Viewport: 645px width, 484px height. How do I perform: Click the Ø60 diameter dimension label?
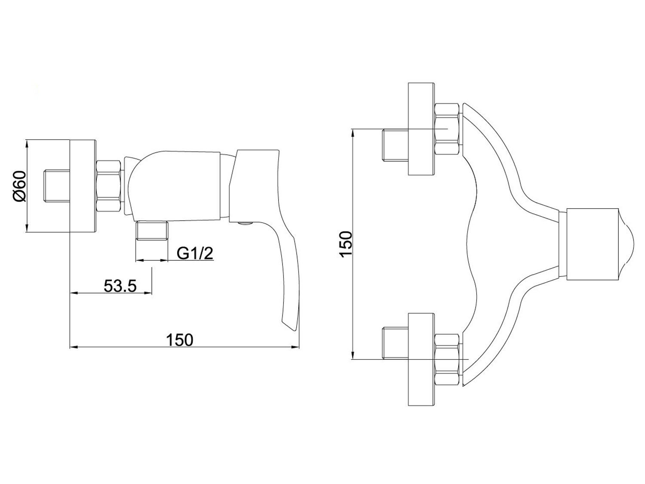pyautogui.click(x=20, y=186)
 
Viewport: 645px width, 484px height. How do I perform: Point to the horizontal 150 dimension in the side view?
pyautogui.click(x=180, y=340)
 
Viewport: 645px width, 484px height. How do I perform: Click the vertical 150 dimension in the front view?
pyautogui.click(x=346, y=244)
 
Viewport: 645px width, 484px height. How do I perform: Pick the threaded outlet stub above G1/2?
pyautogui.click(x=152, y=231)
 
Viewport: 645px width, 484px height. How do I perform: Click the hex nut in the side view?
pyautogui.click(x=109, y=186)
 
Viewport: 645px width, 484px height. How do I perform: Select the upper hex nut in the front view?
pyautogui.click(x=446, y=129)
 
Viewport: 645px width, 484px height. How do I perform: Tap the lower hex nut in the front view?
pyautogui.click(x=446, y=359)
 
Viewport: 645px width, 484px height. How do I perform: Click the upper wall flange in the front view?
pyautogui.click(x=421, y=129)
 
